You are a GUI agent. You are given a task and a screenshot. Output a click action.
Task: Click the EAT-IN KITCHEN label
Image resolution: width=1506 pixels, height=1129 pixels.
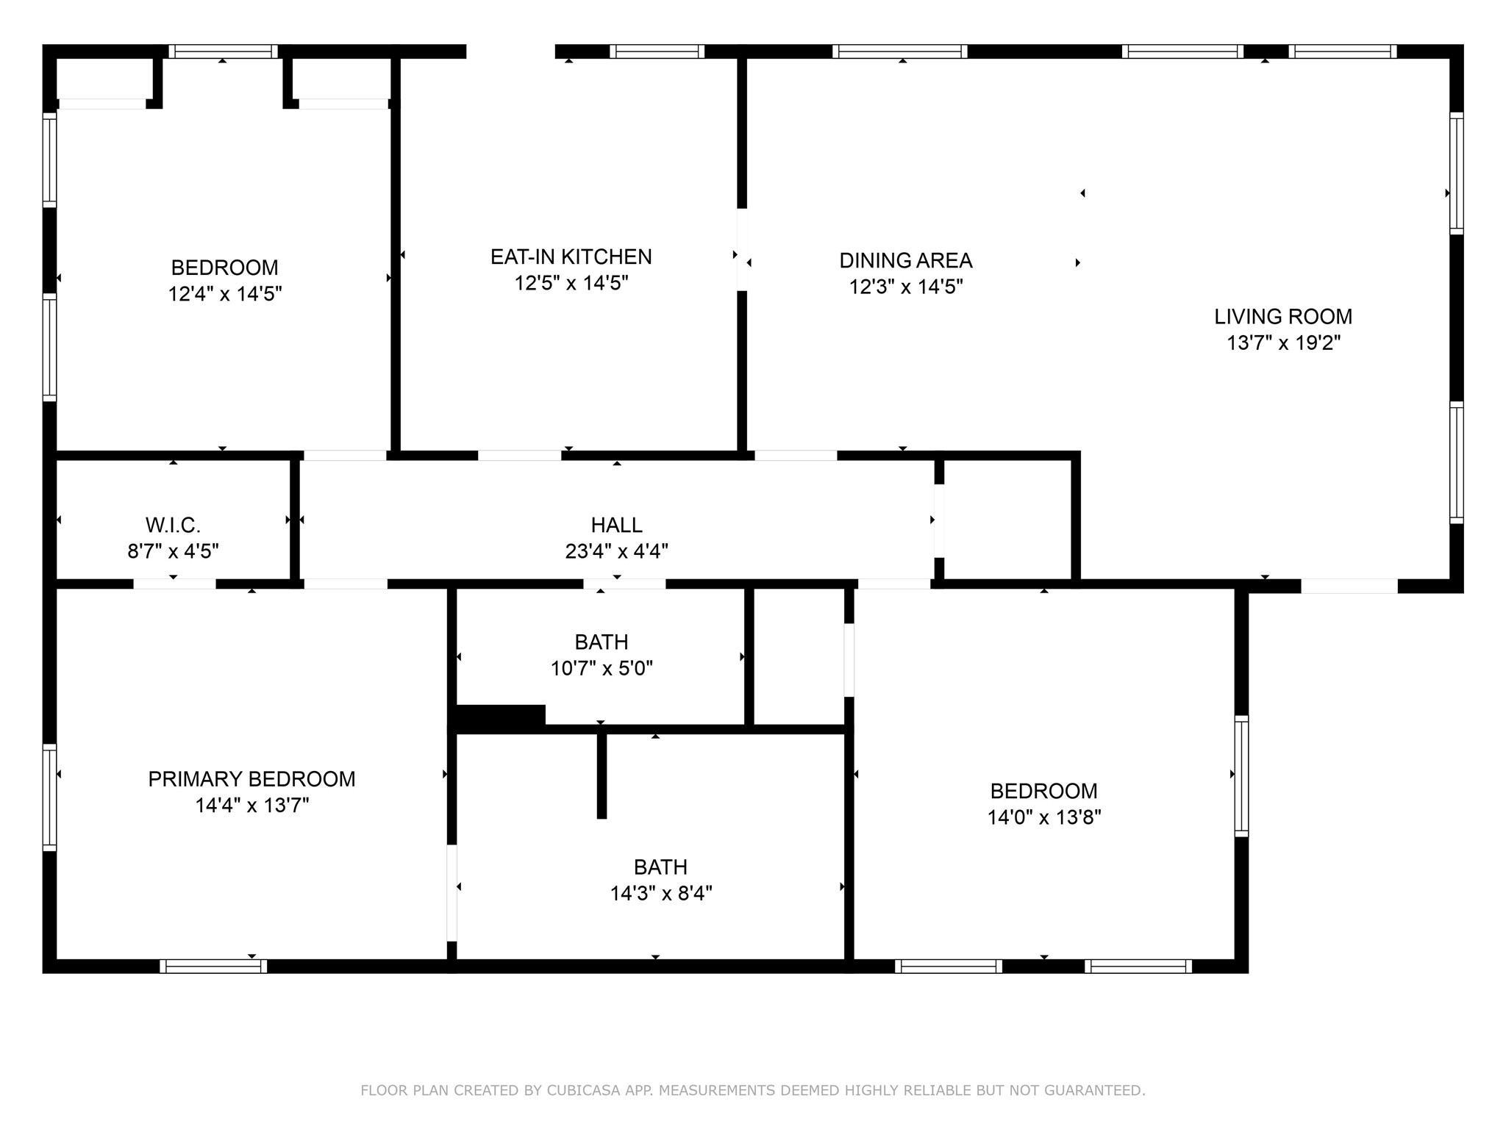(571, 257)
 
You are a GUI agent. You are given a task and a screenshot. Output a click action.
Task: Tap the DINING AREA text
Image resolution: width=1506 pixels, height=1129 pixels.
(905, 260)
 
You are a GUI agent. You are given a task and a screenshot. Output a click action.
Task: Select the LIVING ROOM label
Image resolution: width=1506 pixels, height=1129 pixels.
(1282, 317)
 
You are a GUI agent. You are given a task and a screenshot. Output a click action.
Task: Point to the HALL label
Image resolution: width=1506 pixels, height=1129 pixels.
(616, 525)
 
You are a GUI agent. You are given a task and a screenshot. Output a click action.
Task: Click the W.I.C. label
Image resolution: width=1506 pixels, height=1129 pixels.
(173, 525)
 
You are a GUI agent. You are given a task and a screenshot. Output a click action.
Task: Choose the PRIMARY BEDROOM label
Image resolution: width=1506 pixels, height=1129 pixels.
(251, 779)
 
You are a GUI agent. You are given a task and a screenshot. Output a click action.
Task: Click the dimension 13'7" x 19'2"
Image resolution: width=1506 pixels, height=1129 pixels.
(1282, 343)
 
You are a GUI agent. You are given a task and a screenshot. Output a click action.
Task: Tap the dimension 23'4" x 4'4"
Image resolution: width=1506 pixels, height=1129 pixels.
(616, 551)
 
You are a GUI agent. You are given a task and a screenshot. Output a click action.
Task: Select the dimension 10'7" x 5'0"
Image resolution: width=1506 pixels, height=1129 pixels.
(602, 669)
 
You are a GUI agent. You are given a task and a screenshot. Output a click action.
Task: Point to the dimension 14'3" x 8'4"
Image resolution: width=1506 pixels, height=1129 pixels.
(660, 894)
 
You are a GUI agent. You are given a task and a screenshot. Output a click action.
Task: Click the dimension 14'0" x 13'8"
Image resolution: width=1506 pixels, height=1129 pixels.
(1043, 817)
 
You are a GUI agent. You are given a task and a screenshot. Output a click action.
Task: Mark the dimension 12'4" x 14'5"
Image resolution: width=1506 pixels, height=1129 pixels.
(224, 294)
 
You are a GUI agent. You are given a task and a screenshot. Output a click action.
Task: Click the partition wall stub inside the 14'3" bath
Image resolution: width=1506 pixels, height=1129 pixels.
(602, 775)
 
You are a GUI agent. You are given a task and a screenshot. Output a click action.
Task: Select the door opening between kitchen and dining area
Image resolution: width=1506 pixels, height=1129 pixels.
(742, 250)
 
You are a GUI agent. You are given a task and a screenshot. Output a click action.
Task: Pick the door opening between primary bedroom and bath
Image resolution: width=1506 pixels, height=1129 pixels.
(452, 893)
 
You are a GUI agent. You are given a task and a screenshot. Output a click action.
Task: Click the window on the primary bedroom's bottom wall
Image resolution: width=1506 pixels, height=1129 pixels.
(213, 967)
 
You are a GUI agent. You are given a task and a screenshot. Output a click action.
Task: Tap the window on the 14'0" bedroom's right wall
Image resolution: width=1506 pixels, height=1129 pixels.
(1241, 775)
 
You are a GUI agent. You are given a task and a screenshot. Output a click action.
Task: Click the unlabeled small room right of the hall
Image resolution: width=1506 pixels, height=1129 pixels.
(1007, 520)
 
